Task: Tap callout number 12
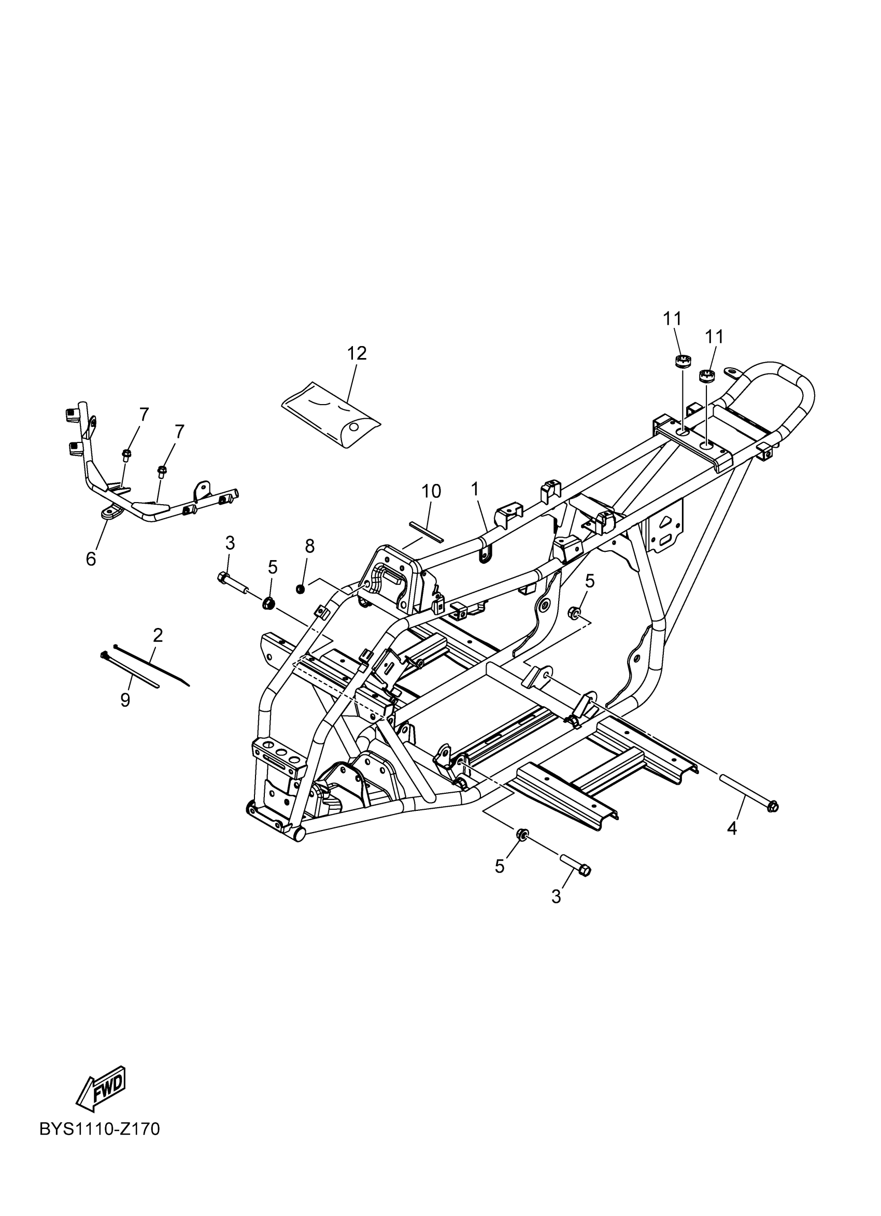coord(357,353)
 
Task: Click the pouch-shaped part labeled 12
coord(331,414)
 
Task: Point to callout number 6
coord(91,559)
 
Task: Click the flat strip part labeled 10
coord(427,530)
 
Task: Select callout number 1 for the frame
coord(475,489)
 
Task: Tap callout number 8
coord(309,546)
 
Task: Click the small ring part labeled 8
coord(301,590)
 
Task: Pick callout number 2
coord(158,635)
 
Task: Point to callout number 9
coord(125,700)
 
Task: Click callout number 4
coord(732,828)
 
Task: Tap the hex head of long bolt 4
coord(773,806)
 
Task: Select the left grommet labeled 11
coord(681,361)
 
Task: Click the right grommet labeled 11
coord(707,376)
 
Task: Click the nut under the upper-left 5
coord(269,604)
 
